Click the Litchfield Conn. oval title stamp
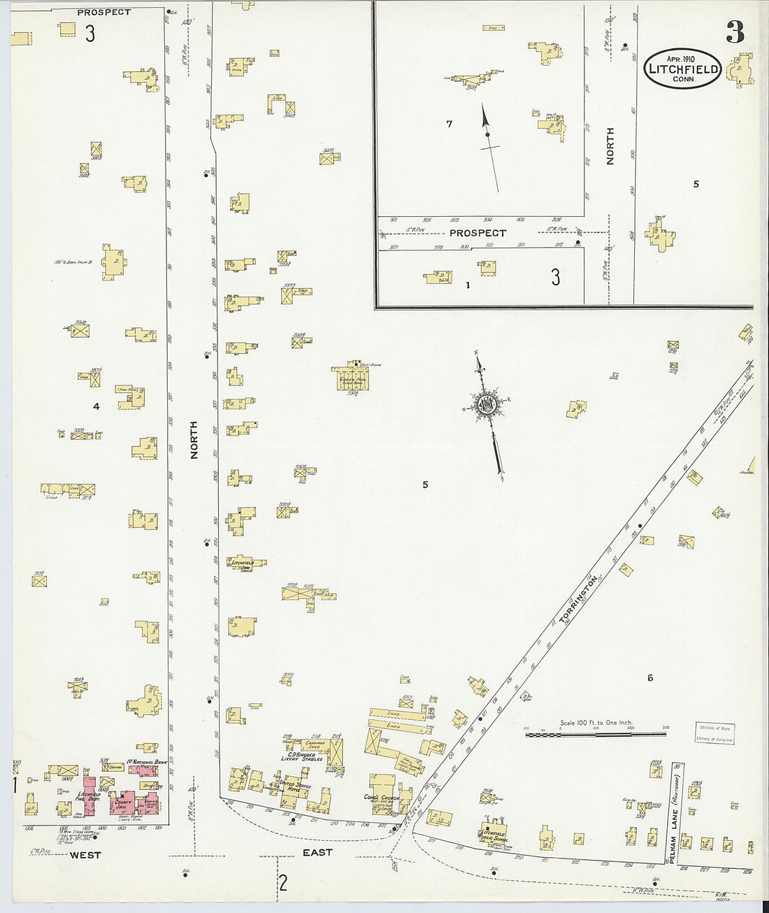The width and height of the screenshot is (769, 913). coord(682,69)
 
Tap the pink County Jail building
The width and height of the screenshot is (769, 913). coord(124,803)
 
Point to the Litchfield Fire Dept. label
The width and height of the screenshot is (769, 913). coord(89,796)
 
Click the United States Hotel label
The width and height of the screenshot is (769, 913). coord(294,786)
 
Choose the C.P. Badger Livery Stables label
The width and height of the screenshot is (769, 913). coord(301,756)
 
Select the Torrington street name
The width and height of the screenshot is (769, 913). coord(578,598)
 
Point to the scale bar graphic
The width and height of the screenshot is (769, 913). coord(596,734)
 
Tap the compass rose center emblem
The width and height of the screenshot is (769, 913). coord(487,404)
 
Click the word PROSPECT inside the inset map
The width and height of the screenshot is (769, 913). coord(477,233)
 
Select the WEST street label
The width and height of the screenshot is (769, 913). coord(85,855)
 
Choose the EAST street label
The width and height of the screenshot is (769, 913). coord(317,852)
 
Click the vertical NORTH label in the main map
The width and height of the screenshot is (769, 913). coord(194,440)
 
